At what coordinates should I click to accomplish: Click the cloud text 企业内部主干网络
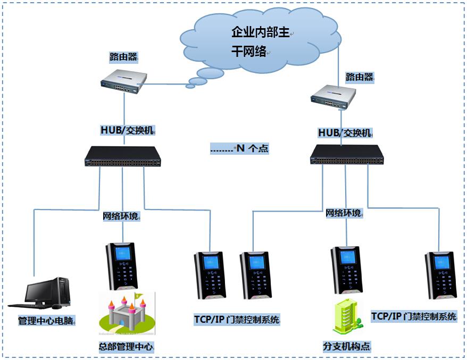(261, 41)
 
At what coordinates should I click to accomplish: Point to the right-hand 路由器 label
(360, 77)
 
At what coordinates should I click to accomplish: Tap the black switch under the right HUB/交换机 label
(347, 154)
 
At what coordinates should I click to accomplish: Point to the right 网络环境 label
(344, 213)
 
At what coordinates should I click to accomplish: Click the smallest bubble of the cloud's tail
(189, 86)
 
